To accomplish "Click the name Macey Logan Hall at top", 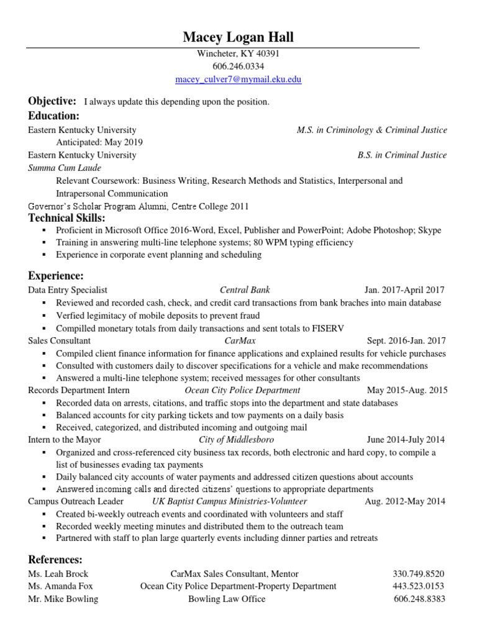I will [x=238, y=38].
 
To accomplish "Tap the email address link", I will [x=238, y=80].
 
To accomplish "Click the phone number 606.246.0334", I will [x=238, y=66].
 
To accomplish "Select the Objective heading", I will [x=52, y=101].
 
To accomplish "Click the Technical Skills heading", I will [x=66, y=217].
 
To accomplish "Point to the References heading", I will [x=55, y=560].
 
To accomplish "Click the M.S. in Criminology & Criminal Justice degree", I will [x=371, y=130].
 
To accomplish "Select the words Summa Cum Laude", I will [x=65, y=168].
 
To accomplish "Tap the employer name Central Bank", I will [x=245, y=290].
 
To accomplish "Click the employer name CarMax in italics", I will [x=240, y=340].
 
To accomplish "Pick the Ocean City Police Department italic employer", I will [x=242, y=390].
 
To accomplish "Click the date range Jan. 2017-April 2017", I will [x=404, y=290].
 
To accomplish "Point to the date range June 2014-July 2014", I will [x=406, y=440].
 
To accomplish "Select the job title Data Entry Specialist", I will [x=68, y=290].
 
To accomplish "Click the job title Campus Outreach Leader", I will [x=76, y=501].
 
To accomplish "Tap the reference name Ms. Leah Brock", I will [x=58, y=574].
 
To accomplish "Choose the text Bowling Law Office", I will [x=227, y=599].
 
